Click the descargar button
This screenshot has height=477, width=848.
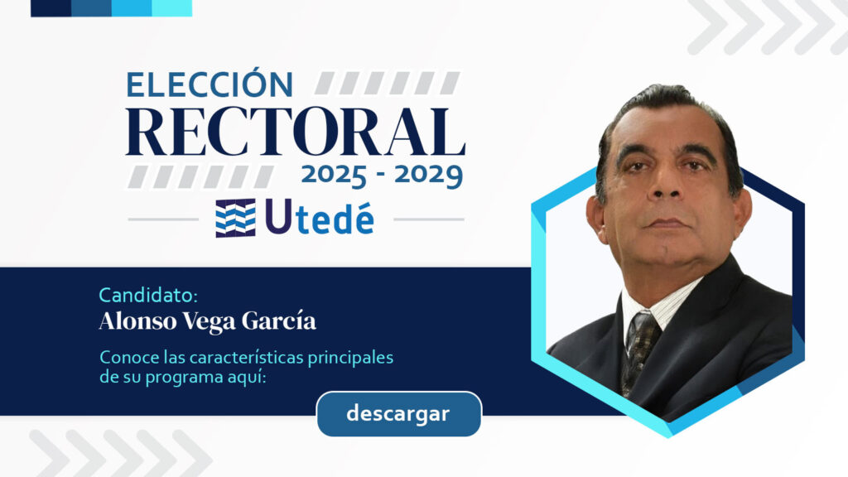point(398,414)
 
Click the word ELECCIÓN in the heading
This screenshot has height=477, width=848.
point(210,85)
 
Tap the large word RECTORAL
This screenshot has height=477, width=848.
point(296,132)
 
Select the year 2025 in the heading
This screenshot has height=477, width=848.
point(334,176)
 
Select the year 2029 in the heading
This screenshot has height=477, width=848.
point(428,176)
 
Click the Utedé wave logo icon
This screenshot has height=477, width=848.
point(236,218)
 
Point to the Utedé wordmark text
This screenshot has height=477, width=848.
point(320,218)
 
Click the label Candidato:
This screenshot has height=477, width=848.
point(148,296)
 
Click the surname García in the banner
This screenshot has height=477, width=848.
point(278,320)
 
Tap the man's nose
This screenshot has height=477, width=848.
point(667,184)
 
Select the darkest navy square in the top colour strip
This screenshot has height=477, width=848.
point(51,8)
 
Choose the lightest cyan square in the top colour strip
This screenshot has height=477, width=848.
point(172,8)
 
